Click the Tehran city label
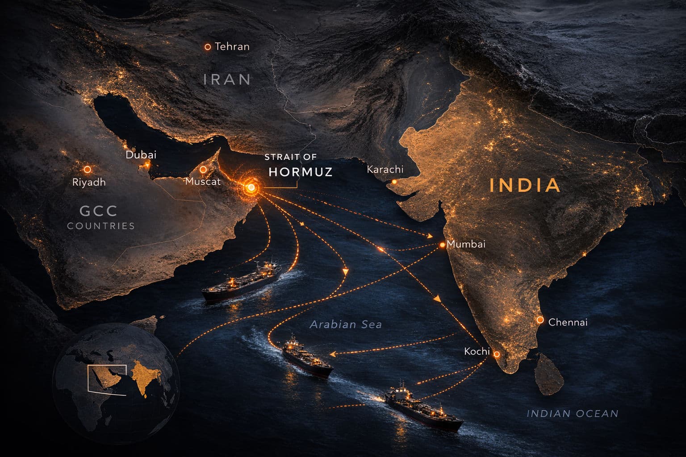click(232, 46)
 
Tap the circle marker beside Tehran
click(207, 46)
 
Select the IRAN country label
click(227, 79)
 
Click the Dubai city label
click(141, 155)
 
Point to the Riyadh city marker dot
click(88, 170)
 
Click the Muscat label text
click(203, 182)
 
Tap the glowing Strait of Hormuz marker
click(251, 187)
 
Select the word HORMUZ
click(301, 172)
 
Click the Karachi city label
click(385, 170)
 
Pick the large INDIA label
click(525, 185)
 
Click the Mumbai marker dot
click(442, 245)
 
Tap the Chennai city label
click(568, 322)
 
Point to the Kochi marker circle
click(496, 354)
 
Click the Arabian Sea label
click(346, 324)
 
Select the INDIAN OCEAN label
click(573, 414)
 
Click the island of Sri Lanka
click(549, 375)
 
